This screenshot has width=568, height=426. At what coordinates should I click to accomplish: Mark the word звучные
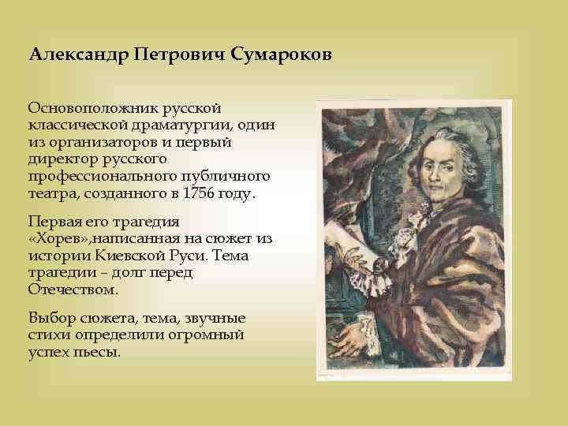pyautogui.click(x=216, y=318)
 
